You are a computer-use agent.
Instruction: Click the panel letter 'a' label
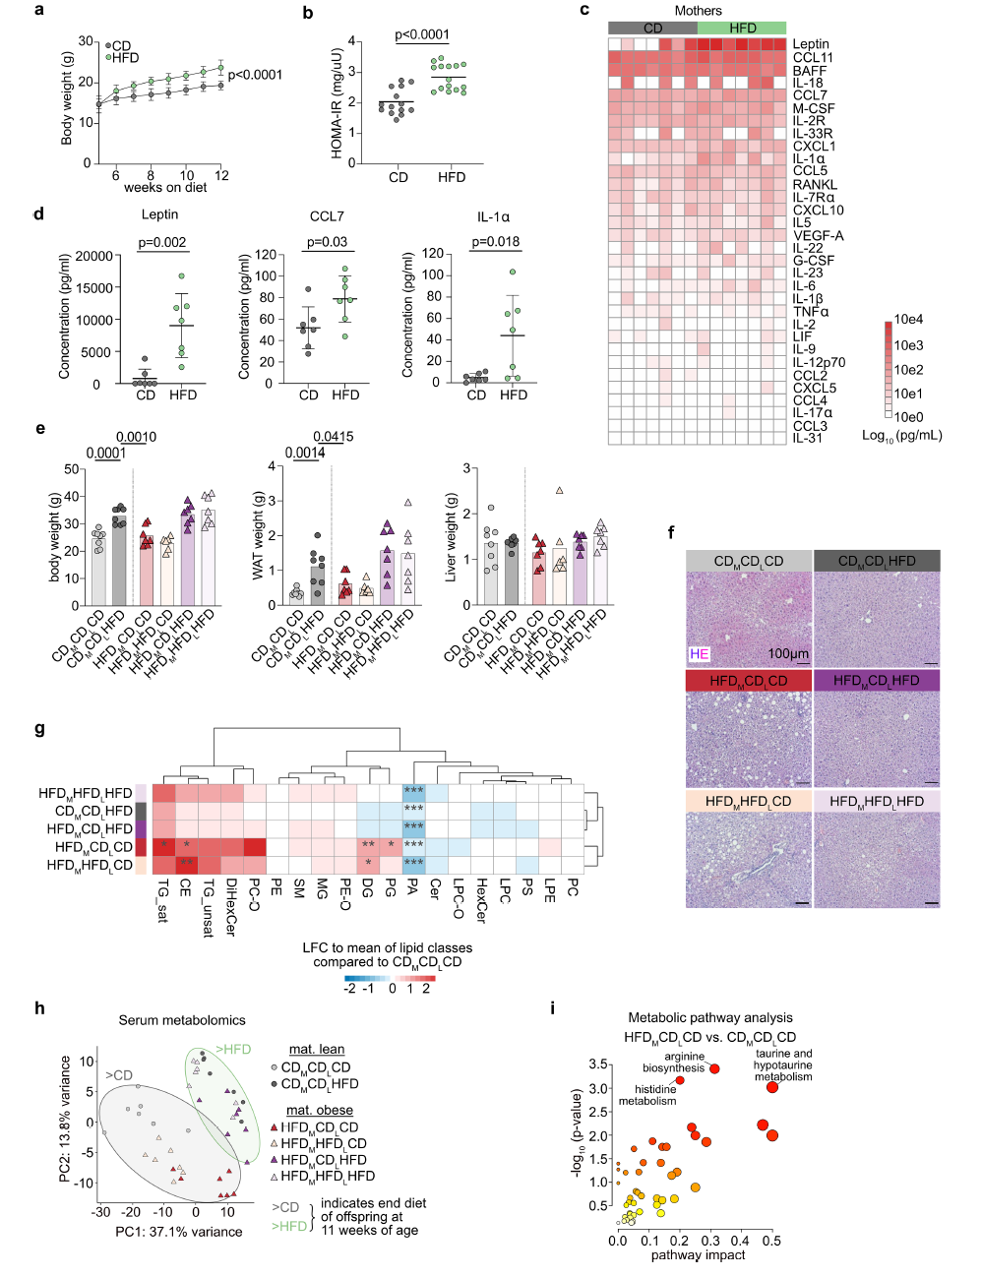coord(39,10)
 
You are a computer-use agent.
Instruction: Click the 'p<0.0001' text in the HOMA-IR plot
coord(422,34)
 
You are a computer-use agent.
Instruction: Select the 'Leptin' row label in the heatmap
coord(811,44)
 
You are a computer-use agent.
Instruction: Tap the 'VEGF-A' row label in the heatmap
coord(818,235)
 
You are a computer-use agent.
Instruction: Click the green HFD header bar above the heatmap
coord(742,28)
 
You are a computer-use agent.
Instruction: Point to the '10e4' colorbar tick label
coord(908,320)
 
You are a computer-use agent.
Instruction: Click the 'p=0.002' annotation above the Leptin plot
coord(162,242)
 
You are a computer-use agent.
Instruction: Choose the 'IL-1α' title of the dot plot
coord(493,216)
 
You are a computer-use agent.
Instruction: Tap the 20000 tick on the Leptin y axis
coord(94,256)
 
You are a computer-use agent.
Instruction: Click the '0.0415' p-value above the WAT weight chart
coord(334,437)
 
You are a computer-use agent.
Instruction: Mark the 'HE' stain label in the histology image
coord(700,653)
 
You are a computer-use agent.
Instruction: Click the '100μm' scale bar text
coord(788,653)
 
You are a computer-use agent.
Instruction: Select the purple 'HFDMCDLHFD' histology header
coord(876,680)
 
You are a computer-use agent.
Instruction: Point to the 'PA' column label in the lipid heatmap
coord(413,887)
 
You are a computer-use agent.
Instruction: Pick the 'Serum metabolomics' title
coord(182,1020)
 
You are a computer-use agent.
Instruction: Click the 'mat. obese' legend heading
coord(320,1110)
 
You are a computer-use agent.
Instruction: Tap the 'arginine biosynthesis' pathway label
coord(675,1063)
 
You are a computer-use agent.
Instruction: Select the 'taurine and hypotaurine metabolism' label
coord(783,1064)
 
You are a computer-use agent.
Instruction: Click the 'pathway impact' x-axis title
coord(698,1255)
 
